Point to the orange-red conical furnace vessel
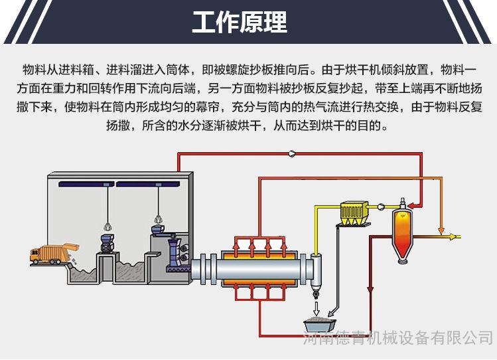point(399,228)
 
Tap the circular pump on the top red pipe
point(291,153)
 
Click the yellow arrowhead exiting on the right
point(454,236)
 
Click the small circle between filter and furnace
point(381,207)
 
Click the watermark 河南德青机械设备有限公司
point(398,340)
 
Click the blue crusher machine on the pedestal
point(106,242)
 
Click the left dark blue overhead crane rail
point(84,183)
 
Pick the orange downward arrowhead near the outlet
point(440,232)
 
